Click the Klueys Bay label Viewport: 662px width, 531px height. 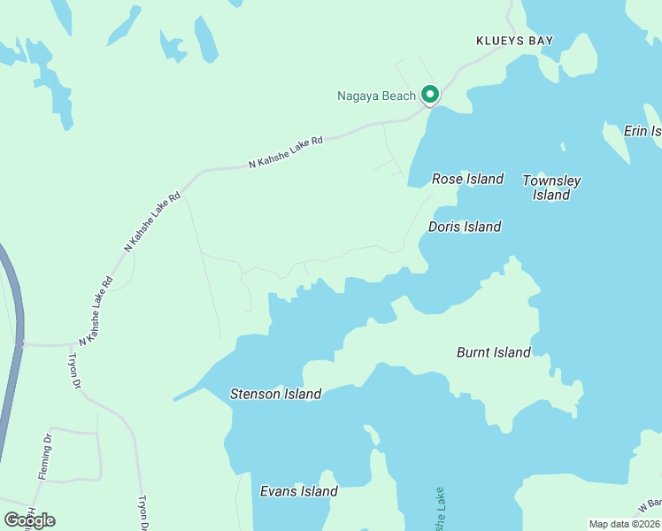tap(514, 41)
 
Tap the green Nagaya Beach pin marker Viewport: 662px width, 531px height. tap(430, 94)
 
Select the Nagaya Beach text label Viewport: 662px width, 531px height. tap(376, 96)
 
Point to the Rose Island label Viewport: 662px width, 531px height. tap(467, 179)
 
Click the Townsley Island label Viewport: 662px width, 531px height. tap(551, 188)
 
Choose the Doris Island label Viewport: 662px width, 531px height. tap(465, 227)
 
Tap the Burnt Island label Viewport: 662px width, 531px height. tap(493, 352)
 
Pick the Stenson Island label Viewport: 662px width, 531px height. tap(275, 394)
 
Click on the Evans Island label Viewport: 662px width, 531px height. tap(298, 491)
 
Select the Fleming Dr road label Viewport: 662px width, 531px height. tap(44, 457)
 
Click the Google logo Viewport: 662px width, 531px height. tap(30, 519)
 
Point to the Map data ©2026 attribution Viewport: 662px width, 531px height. tap(624, 524)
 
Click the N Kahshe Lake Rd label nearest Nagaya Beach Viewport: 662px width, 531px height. tap(287, 151)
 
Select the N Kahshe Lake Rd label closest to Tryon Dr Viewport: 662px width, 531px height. tap(96, 312)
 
